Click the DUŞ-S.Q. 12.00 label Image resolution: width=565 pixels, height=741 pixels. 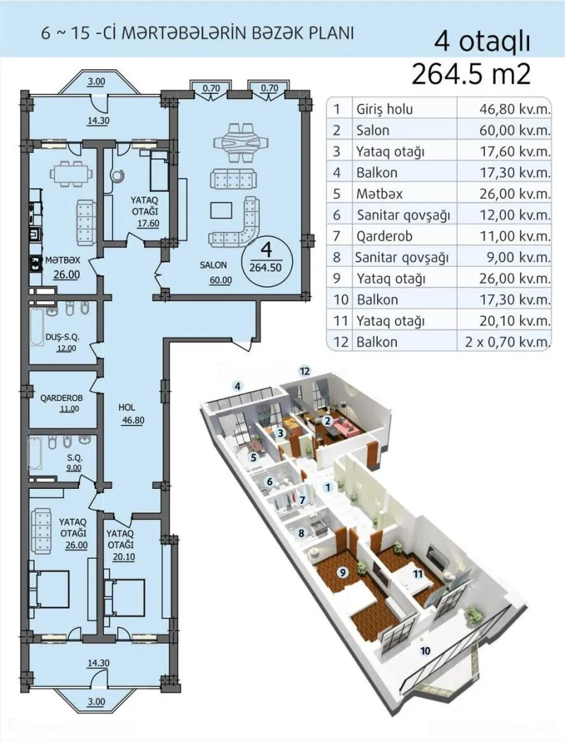[64, 342]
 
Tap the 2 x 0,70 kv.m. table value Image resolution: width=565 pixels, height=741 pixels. [503, 342]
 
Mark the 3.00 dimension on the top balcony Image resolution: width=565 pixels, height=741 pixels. [96, 83]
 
